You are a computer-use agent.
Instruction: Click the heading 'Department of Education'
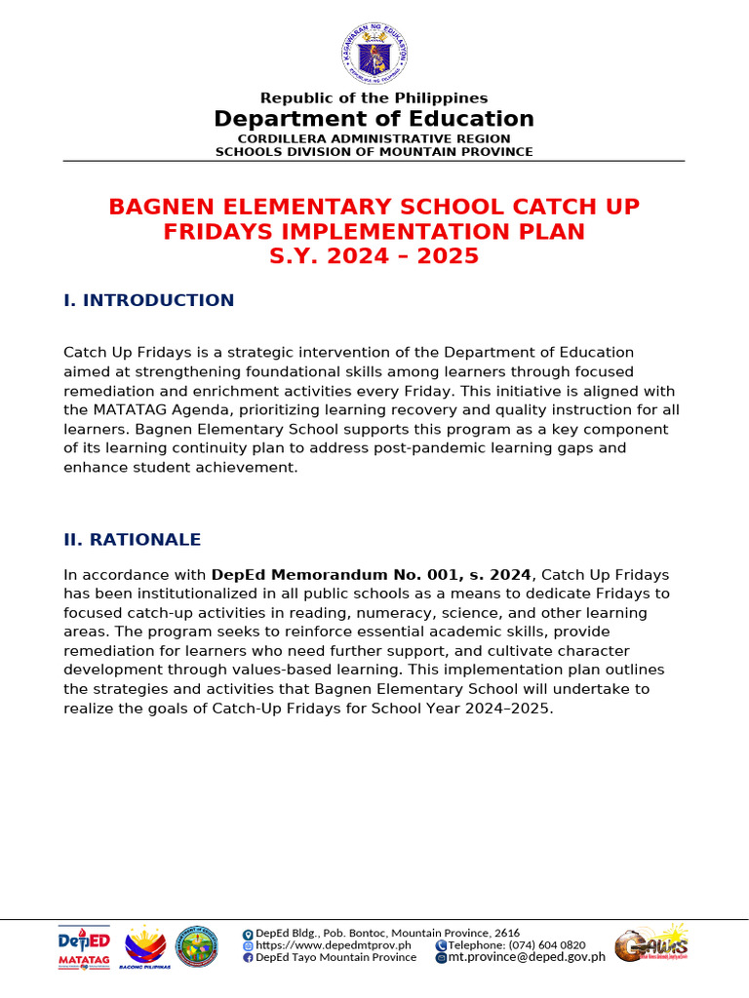[x=374, y=119]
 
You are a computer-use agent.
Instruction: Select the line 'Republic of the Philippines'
[x=374, y=97]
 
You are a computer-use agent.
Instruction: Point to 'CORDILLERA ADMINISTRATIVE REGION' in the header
[x=374, y=139]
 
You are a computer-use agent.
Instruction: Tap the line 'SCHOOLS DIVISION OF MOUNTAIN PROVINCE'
[x=374, y=151]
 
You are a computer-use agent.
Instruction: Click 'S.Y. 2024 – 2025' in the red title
[x=374, y=256]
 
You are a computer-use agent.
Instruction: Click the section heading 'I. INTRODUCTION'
[x=148, y=300]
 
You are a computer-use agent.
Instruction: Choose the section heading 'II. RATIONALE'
[x=132, y=540]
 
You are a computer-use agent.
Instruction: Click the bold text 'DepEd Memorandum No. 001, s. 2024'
[x=372, y=575]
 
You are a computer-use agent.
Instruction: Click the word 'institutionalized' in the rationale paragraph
[x=174, y=594]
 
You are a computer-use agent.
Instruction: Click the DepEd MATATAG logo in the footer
[x=84, y=946]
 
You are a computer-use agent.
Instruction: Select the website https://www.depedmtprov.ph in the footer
[x=333, y=945]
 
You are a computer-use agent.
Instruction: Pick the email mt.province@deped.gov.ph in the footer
[x=526, y=957]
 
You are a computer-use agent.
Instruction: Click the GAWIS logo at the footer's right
[x=651, y=943]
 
